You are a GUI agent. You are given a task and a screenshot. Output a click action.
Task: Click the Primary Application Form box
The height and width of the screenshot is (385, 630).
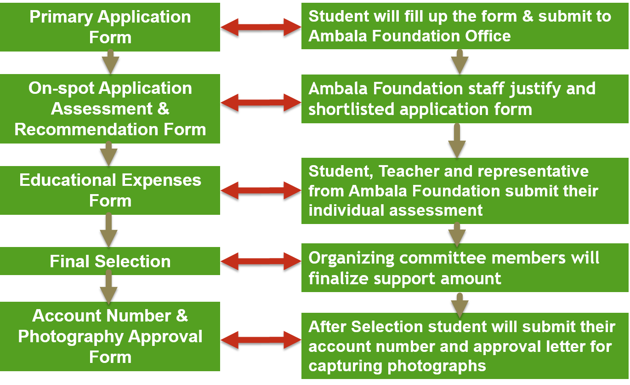pyautogui.click(x=110, y=27)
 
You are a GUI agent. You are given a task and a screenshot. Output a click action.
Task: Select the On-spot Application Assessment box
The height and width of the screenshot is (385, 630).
pyautogui.click(x=110, y=109)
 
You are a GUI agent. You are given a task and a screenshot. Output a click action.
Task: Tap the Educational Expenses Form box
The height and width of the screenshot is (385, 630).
pyautogui.click(x=110, y=190)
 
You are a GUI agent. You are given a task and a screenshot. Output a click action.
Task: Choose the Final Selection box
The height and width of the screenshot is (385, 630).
pyautogui.click(x=110, y=261)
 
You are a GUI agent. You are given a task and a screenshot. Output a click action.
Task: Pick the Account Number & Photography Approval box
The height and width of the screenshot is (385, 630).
pyautogui.click(x=110, y=336)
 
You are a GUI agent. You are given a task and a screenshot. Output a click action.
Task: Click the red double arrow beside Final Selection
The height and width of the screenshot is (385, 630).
pyautogui.click(x=261, y=261)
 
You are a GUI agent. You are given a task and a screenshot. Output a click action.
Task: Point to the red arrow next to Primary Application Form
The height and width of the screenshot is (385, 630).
pyautogui.click(x=261, y=27)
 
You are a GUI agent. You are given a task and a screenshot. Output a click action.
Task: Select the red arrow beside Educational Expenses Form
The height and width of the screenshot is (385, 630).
pyautogui.click(x=261, y=190)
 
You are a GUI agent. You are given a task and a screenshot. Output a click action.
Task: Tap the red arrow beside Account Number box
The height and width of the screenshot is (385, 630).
pyautogui.click(x=261, y=340)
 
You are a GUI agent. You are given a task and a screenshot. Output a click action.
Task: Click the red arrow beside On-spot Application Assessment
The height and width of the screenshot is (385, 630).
pyautogui.click(x=261, y=102)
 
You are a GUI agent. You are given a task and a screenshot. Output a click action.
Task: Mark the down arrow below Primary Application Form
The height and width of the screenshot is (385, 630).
pyautogui.click(x=110, y=63)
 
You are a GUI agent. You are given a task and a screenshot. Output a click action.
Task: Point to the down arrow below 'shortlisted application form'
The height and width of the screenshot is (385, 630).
pyautogui.click(x=457, y=141)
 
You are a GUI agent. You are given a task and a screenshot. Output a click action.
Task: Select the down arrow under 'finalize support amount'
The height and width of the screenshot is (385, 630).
pyautogui.click(x=459, y=304)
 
